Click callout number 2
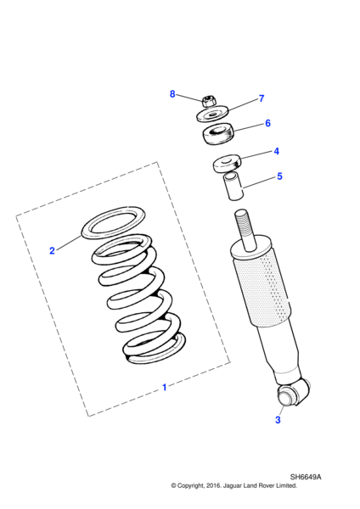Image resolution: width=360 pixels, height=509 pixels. click(x=52, y=250)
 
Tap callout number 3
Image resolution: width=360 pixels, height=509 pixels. click(x=277, y=419)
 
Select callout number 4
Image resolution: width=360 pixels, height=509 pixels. click(x=275, y=152)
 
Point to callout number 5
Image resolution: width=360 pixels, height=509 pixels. click(x=278, y=177)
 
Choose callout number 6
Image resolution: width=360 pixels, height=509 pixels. click(x=267, y=123)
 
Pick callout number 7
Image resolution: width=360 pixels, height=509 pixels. click(x=261, y=98)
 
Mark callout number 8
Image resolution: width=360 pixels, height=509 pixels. click(x=172, y=93)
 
